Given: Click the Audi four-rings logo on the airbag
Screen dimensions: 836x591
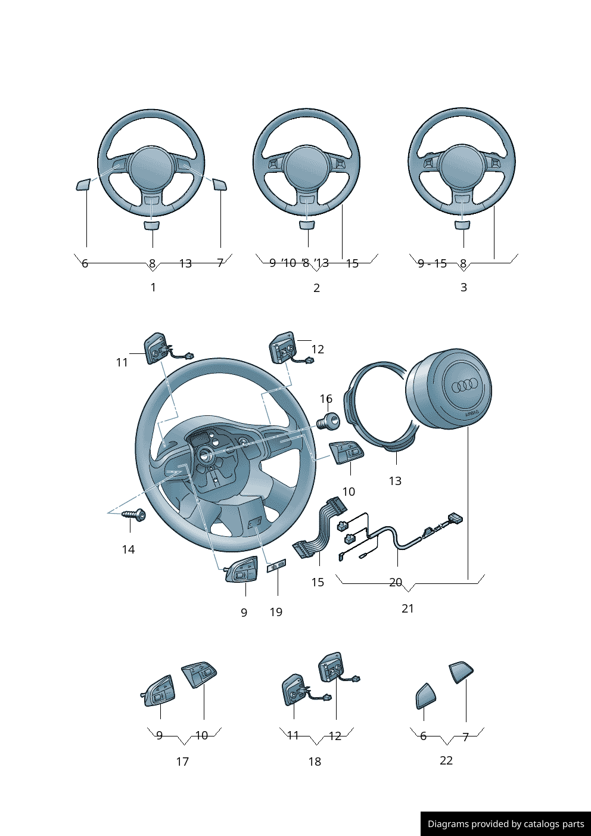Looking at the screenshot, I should coord(465,386).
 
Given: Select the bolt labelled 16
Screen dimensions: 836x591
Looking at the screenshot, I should coord(328,422).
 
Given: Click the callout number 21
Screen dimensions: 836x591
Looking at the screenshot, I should coord(408,608).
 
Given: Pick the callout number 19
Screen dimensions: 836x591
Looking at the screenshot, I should coord(276,612).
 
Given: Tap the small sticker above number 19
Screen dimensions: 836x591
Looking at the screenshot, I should coord(276,565).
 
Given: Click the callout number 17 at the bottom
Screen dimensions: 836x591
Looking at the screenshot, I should coord(182,762).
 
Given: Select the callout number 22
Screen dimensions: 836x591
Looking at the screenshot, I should coord(446,760).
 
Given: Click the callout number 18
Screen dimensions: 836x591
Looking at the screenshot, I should coord(315,762).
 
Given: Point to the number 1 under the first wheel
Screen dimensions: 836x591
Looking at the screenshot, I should coord(153,287).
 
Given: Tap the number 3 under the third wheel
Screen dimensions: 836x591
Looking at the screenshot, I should coord(464,287).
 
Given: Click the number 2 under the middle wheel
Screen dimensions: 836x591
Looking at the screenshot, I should coord(316,288).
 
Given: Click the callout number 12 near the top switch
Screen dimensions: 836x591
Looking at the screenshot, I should coord(318,349).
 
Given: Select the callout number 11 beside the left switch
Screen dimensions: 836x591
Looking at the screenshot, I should coord(122,362).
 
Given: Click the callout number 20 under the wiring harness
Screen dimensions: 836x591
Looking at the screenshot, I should coord(396,582).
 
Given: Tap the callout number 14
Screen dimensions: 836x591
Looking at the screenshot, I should coord(128,549).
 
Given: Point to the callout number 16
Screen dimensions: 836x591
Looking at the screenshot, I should coord(326,399).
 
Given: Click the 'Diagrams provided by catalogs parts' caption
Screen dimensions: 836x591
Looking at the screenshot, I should coord(506,824).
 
